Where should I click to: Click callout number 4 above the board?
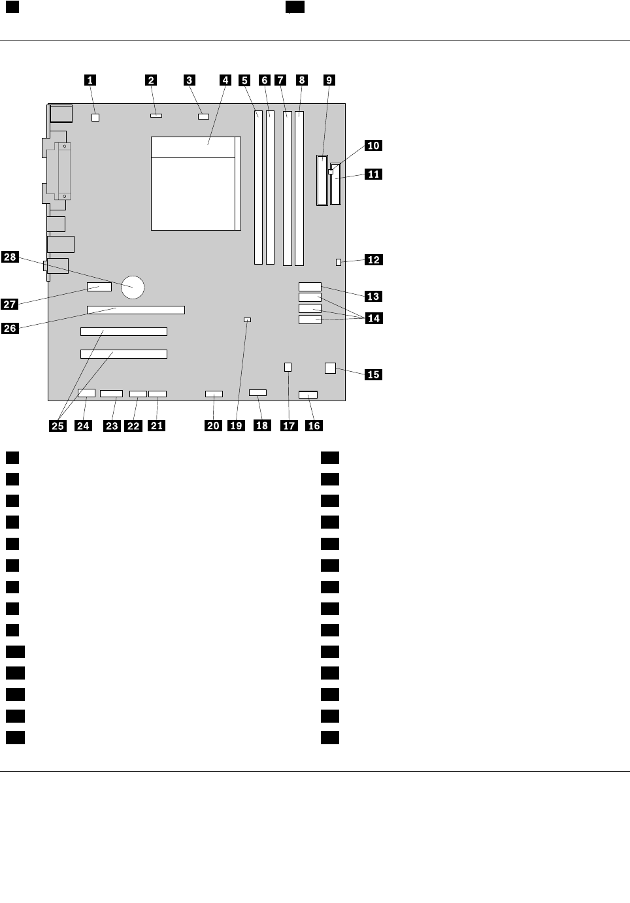[x=225, y=80]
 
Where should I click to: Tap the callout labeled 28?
[x=10, y=257]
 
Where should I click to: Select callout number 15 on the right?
[x=373, y=374]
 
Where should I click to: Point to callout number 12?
[x=373, y=259]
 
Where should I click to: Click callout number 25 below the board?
[x=58, y=425]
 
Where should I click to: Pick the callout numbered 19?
[x=236, y=425]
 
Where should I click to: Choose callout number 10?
[x=373, y=145]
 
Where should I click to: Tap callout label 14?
[x=373, y=318]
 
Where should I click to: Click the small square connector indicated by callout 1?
[x=95, y=118]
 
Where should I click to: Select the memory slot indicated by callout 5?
[x=259, y=188]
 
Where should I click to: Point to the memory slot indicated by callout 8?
[x=299, y=188]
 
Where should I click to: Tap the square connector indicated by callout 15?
[x=330, y=369]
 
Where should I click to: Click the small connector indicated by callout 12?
[x=339, y=262]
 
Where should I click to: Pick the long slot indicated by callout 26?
[x=135, y=310]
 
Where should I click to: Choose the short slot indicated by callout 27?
[x=99, y=287]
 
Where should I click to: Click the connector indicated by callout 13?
[x=310, y=286]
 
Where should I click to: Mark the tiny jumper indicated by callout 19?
[x=247, y=320]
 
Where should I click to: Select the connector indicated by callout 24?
[x=86, y=393]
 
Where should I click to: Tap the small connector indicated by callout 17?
[x=288, y=367]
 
